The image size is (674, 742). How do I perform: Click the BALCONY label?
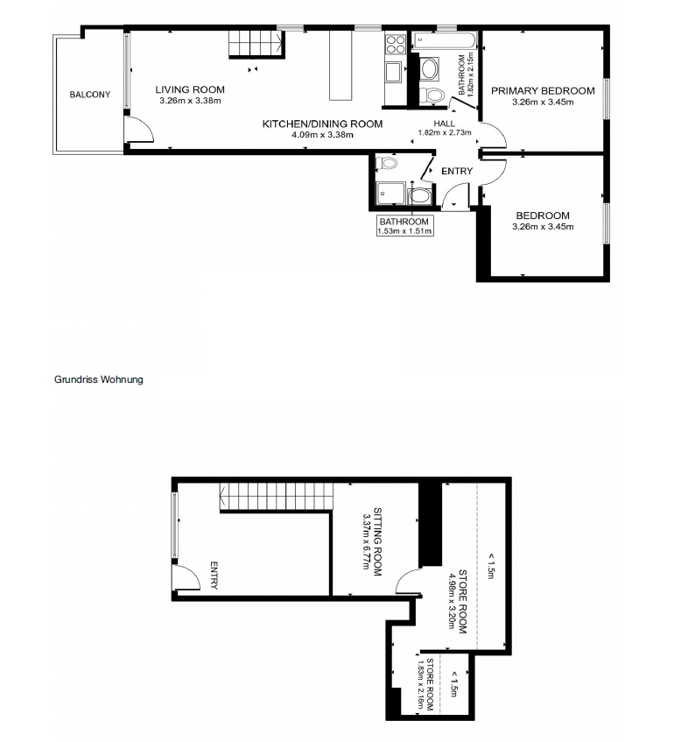point(90,95)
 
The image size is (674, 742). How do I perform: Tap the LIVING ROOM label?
point(190,89)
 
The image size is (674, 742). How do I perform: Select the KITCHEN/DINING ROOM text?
point(323,124)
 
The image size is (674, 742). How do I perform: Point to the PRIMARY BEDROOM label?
point(543,91)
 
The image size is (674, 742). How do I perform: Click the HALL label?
point(445,124)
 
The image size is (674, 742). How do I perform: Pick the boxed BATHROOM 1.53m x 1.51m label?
point(404,226)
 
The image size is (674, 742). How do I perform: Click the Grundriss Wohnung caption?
point(98,379)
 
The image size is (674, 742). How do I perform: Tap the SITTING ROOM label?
point(377,542)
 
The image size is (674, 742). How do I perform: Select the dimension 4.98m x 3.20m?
point(453,601)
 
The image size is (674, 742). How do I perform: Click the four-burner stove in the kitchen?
point(396,45)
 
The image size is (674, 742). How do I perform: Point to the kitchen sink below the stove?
point(394,73)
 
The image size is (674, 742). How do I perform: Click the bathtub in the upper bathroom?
point(445,40)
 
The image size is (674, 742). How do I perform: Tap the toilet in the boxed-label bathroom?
point(387,164)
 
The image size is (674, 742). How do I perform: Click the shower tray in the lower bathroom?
point(390,193)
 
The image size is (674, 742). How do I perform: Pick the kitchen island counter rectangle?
point(341,66)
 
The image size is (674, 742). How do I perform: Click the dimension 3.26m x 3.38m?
point(190,101)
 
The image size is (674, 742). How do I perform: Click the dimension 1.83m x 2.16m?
point(420,685)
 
